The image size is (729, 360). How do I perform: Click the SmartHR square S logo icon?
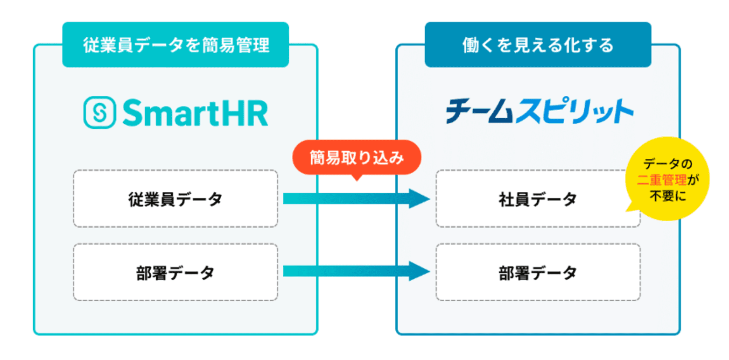[x=98, y=113]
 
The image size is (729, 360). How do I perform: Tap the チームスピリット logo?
[x=539, y=112]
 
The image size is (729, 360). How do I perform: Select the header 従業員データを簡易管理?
[x=176, y=45]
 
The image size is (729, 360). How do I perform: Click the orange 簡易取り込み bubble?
[x=356, y=158]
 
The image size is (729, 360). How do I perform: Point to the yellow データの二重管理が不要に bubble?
[x=667, y=180]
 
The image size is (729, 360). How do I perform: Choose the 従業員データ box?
[x=175, y=199]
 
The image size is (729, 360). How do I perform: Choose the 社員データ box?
[x=538, y=199]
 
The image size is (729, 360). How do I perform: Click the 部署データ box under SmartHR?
[x=175, y=272]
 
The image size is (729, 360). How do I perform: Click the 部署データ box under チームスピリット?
[x=538, y=272]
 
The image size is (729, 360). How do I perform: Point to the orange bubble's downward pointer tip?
[x=357, y=179]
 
